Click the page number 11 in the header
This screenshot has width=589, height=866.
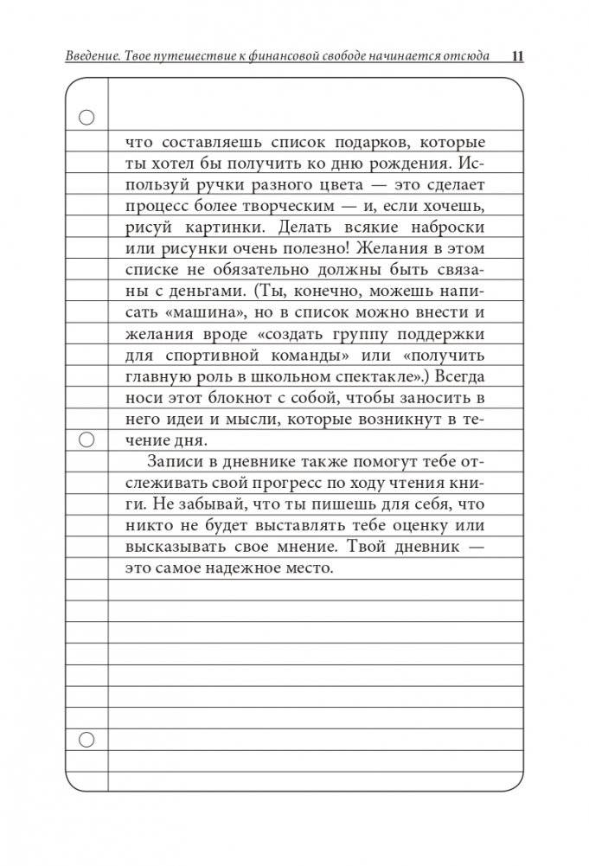pyautogui.click(x=518, y=57)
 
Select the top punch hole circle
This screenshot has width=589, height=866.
pyautogui.click(x=86, y=119)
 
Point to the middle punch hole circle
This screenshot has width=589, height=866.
pyautogui.click(x=86, y=440)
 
